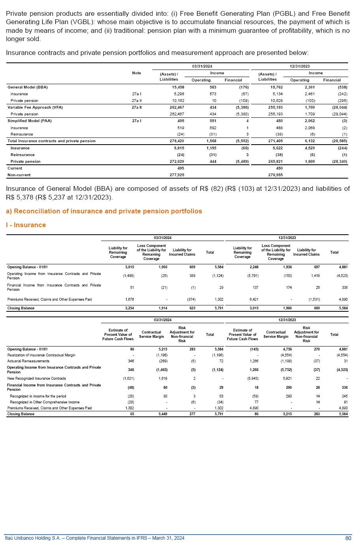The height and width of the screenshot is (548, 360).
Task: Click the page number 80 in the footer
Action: click(x=348, y=538)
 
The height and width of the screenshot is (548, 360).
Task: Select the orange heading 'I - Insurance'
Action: click(x=26, y=225)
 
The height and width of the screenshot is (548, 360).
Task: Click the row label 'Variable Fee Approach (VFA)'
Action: click(x=35, y=107)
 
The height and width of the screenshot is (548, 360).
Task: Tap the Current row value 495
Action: click(x=180, y=168)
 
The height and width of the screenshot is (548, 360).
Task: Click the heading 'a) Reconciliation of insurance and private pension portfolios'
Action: click(x=104, y=211)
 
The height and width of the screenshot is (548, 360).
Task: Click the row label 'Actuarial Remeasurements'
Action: click(x=28, y=361)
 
